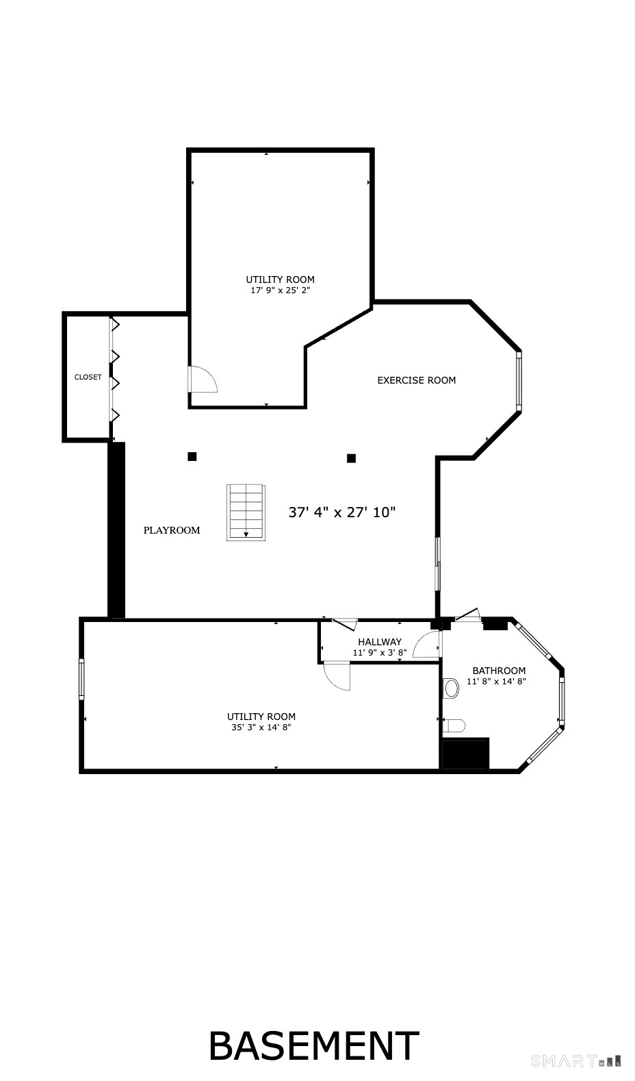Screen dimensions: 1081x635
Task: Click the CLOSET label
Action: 88,377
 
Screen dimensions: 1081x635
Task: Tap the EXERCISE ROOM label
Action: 416,380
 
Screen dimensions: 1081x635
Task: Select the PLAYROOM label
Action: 172,530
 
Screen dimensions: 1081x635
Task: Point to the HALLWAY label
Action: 380,642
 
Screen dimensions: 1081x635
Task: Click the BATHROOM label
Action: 499,671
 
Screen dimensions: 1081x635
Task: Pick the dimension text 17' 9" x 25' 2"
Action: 281,290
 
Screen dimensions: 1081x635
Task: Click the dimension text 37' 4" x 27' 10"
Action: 342,512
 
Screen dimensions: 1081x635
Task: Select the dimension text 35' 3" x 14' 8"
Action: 261,728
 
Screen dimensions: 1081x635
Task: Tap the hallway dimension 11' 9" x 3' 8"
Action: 380,653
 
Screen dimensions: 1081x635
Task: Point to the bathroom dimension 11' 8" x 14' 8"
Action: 496,681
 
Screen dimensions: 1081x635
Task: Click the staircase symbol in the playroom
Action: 246,512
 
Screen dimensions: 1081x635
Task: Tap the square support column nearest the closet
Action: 192,456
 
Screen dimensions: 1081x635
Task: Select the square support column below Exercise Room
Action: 351,458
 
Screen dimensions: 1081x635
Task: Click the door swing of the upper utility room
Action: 202,380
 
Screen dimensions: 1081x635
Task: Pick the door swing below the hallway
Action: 337,675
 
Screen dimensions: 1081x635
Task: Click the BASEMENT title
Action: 313,1046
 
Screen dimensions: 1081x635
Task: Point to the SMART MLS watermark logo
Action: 575,1062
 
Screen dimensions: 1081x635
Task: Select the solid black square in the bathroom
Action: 465,754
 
